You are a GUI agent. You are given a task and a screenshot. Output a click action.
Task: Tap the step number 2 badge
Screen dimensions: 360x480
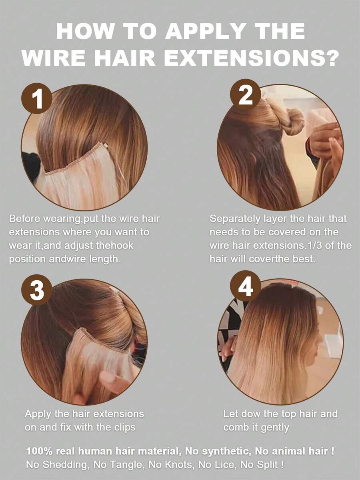point(245,94)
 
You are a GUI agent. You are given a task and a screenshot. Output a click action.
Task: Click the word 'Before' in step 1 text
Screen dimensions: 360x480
point(26,219)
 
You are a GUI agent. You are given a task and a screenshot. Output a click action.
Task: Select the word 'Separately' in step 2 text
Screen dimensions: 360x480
point(235,219)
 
